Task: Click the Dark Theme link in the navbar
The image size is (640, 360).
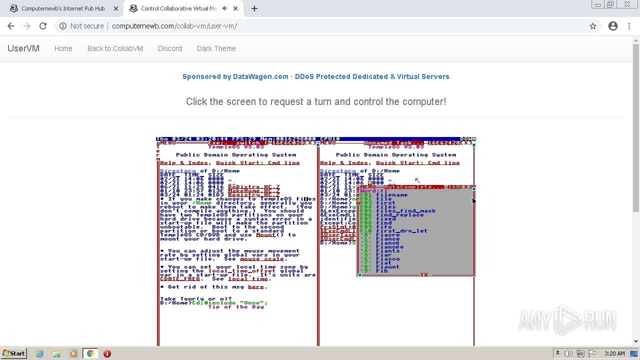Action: [216, 48]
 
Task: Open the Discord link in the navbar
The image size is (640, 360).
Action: [169, 48]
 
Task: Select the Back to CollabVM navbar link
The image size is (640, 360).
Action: [115, 48]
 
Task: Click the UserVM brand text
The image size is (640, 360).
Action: [23, 48]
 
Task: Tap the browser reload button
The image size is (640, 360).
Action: [43, 26]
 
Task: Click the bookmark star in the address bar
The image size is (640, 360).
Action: [593, 26]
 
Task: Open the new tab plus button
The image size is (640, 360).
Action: [254, 8]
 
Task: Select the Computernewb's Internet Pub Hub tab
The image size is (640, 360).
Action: [63, 8]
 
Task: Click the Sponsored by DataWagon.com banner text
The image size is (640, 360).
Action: [315, 76]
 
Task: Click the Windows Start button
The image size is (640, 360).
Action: [13, 353]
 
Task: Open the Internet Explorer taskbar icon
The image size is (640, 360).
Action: [39, 353]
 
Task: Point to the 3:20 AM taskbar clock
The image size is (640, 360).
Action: [614, 353]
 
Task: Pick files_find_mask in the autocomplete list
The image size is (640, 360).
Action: [405, 211]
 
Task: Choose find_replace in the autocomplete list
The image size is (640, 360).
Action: [399, 215]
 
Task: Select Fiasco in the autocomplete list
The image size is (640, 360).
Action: [387, 259]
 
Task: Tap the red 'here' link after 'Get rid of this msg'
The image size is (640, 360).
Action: [255, 287]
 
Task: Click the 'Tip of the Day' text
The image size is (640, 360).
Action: [236, 307]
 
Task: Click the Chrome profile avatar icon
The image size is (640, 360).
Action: [613, 26]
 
